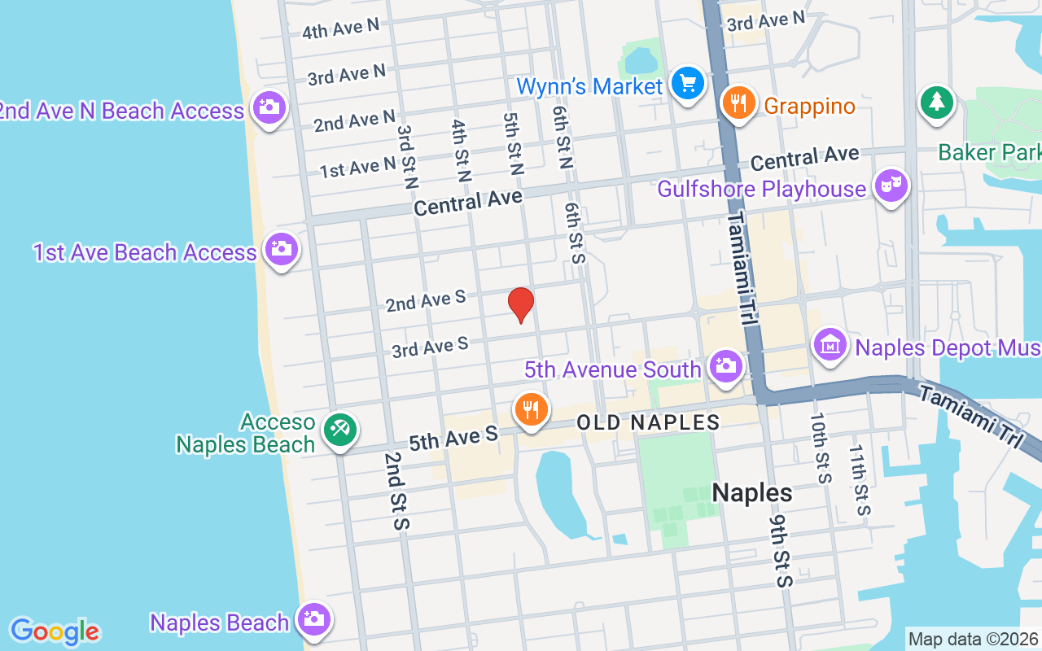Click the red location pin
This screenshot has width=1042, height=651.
(x=521, y=304)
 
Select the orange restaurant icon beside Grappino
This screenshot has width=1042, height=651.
(x=739, y=104)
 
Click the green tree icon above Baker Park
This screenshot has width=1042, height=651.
(x=936, y=103)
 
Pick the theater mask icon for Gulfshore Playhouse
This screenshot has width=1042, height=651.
(x=891, y=186)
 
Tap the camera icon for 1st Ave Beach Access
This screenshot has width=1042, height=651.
(x=281, y=248)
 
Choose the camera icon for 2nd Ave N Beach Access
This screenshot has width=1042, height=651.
(x=269, y=107)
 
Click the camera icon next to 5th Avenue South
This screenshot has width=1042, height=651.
(x=725, y=366)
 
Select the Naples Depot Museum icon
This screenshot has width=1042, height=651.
(x=830, y=345)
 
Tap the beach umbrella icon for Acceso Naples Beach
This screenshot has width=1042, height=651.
(x=339, y=429)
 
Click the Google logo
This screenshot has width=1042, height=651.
(x=55, y=631)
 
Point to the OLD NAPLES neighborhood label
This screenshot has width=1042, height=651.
(x=648, y=422)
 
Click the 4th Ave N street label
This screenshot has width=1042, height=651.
(x=340, y=29)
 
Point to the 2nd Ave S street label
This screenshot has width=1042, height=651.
(x=425, y=301)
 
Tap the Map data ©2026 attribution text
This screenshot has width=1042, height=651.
(x=974, y=639)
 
